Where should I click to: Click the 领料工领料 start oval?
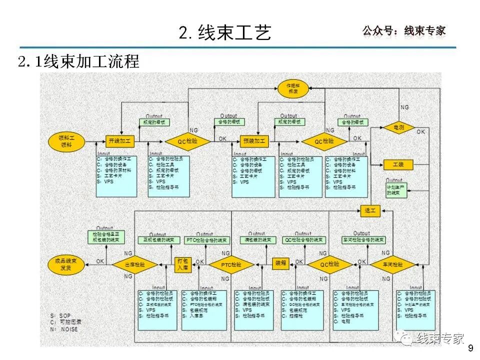point(66,140)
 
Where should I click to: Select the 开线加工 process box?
point(120,141)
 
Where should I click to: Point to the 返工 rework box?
point(370,211)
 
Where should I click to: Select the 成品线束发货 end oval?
point(66,263)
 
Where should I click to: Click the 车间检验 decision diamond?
point(393,264)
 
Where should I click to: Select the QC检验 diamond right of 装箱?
point(330,264)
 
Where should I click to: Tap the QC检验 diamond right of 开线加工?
point(187,141)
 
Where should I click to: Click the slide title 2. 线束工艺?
point(225,32)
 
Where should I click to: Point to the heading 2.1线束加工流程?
point(78,61)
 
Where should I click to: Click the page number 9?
point(469,348)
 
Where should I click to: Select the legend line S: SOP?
point(61,316)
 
